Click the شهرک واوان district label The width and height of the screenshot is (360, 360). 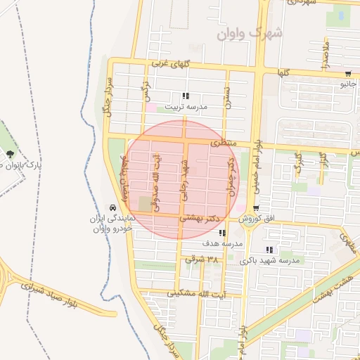(x=249, y=33)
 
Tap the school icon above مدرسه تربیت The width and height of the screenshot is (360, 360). (x=186, y=96)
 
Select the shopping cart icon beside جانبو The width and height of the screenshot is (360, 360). (x=349, y=75)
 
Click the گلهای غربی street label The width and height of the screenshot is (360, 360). (x=171, y=64)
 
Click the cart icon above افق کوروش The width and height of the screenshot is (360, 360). (x=256, y=208)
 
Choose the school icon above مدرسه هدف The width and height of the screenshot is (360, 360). (x=223, y=233)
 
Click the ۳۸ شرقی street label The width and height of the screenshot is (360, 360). (x=202, y=259)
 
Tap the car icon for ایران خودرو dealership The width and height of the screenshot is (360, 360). (x=112, y=207)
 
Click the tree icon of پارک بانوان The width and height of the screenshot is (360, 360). (x=11, y=155)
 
